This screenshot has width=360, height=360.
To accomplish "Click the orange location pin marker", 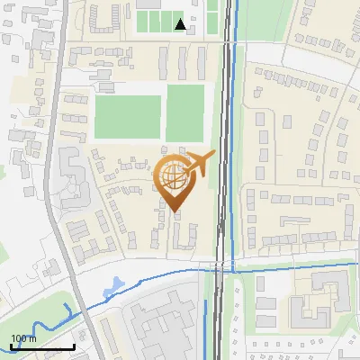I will point(174,180).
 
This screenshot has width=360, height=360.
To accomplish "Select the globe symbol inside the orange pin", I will point(174,176).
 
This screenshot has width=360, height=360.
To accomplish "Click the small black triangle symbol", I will point(181,23).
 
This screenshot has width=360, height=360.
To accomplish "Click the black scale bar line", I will point(41,346).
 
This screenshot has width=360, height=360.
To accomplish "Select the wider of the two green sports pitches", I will point(127,118).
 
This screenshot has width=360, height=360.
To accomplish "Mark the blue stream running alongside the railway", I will point(235,135).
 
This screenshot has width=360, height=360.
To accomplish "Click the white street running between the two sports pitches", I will point(163,118).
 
